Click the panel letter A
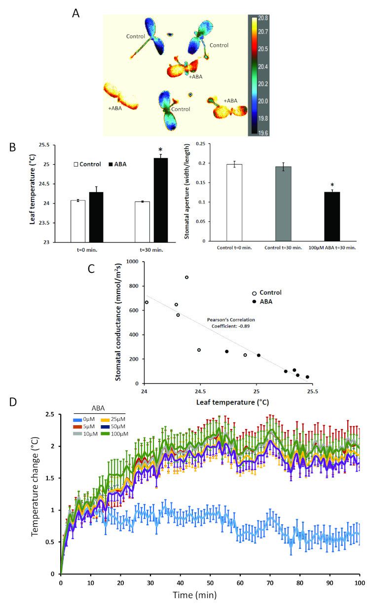[x=76, y=13]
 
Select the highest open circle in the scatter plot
[x=186, y=277]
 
